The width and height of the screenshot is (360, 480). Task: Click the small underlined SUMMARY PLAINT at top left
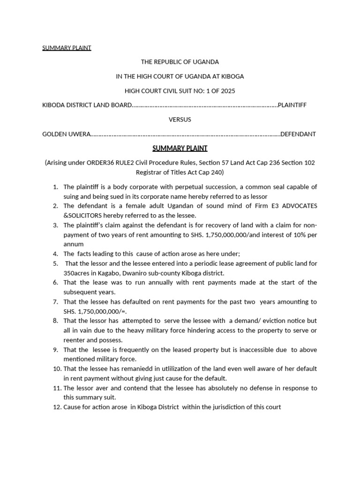click(x=67, y=48)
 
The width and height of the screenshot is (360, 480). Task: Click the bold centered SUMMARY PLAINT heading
click(x=180, y=149)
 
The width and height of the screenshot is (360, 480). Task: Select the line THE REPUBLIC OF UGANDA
click(x=180, y=62)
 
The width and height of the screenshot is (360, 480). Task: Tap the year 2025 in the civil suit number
click(x=228, y=90)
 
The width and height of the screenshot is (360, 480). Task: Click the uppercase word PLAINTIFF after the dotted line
click(x=292, y=105)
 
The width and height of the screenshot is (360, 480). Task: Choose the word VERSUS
click(x=180, y=120)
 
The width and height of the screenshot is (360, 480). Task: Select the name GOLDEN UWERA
click(x=65, y=134)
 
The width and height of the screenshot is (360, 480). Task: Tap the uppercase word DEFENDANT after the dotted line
click(x=298, y=134)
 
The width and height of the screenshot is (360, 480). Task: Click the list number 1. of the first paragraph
click(x=55, y=187)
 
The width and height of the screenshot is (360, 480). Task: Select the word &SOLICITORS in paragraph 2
click(x=80, y=215)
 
